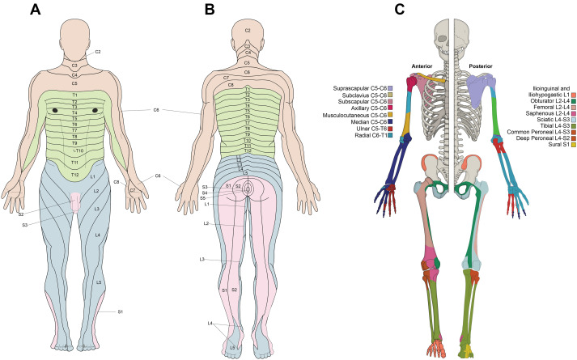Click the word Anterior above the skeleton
click(x=426, y=66)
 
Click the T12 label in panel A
click(x=74, y=174)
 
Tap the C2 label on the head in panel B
click(x=247, y=30)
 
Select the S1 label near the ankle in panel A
click(x=120, y=311)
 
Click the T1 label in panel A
click(x=74, y=95)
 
